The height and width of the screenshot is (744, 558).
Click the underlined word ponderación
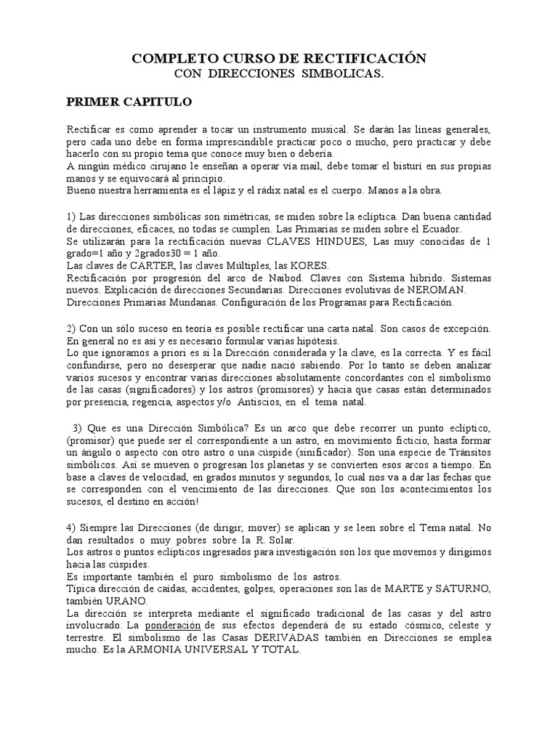[173, 625]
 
